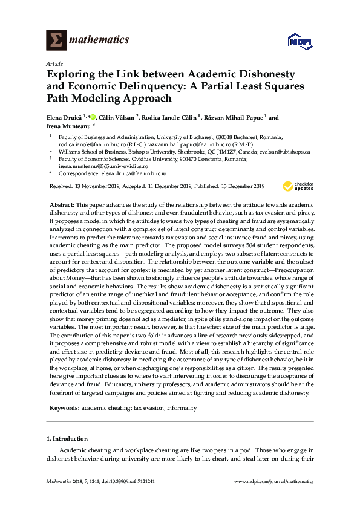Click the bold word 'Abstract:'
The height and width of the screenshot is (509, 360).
tap(62, 206)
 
